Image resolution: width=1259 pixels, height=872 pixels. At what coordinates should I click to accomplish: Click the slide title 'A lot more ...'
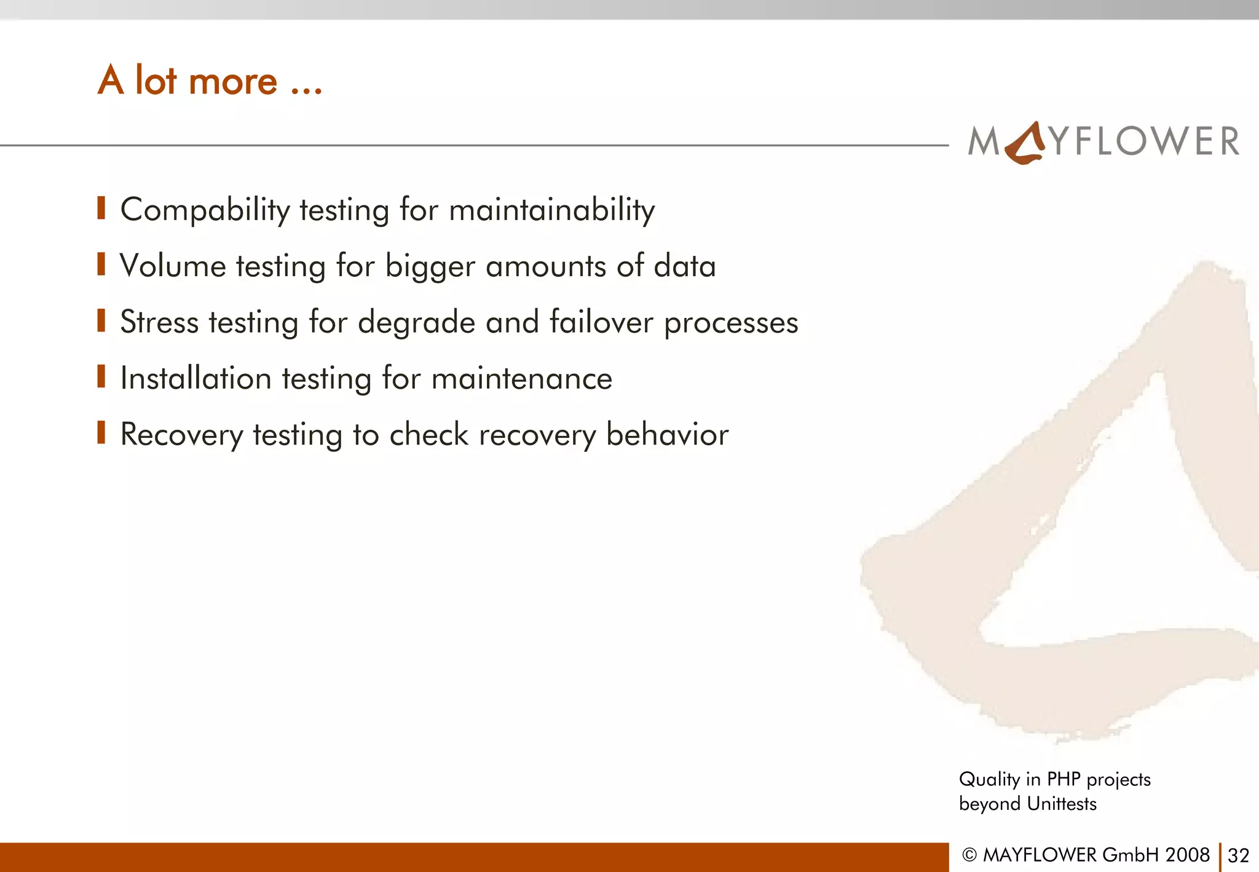coord(210,81)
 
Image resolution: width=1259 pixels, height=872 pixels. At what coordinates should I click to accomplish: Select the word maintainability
coord(551,210)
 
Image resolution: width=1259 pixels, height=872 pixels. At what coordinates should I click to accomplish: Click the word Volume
coord(173,266)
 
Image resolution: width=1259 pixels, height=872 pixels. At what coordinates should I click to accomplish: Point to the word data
coord(684,266)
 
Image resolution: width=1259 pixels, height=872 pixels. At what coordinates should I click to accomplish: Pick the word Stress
coord(159,322)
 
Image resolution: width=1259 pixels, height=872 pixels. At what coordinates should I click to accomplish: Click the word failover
coord(601,322)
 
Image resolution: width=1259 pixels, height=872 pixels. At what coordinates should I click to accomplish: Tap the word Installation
coord(195,378)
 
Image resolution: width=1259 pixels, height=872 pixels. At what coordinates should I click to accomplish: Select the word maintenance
coord(521,378)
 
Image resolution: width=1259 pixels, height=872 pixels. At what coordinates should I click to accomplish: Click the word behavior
coord(667,434)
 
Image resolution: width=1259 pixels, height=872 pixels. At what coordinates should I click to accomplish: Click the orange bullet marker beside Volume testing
coord(101,264)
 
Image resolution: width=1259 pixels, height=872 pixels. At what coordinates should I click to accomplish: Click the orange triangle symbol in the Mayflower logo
coord(1025,145)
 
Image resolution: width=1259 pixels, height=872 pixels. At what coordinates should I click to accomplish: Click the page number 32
coord(1238,855)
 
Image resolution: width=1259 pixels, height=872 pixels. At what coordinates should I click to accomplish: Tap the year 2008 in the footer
coord(1187,855)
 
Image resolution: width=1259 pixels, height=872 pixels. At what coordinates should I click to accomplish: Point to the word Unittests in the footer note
coord(1062,804)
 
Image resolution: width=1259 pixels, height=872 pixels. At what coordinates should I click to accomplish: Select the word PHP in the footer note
coord(1064,779)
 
